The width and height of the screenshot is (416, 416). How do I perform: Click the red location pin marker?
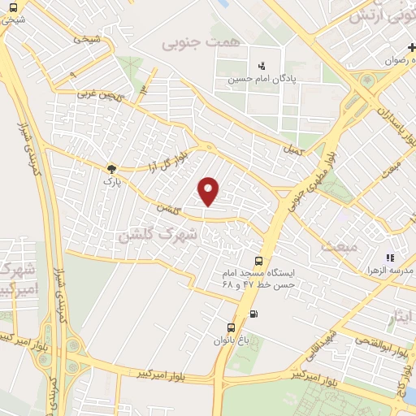tap(210, 191)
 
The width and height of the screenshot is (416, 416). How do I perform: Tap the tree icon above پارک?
tap(111, 168)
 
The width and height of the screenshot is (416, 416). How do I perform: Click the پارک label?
tap(110, 182)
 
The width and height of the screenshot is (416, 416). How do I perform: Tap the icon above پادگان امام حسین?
tap(261, 64)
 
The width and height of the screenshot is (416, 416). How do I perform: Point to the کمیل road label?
tap(293, 151)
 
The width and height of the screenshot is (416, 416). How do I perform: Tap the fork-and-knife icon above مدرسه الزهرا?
tap(389, 257)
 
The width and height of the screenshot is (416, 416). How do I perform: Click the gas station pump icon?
tap(255, 314)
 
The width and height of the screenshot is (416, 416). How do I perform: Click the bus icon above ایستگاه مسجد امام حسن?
tap(258, 261)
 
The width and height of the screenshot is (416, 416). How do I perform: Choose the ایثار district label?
tap(400, 314)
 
